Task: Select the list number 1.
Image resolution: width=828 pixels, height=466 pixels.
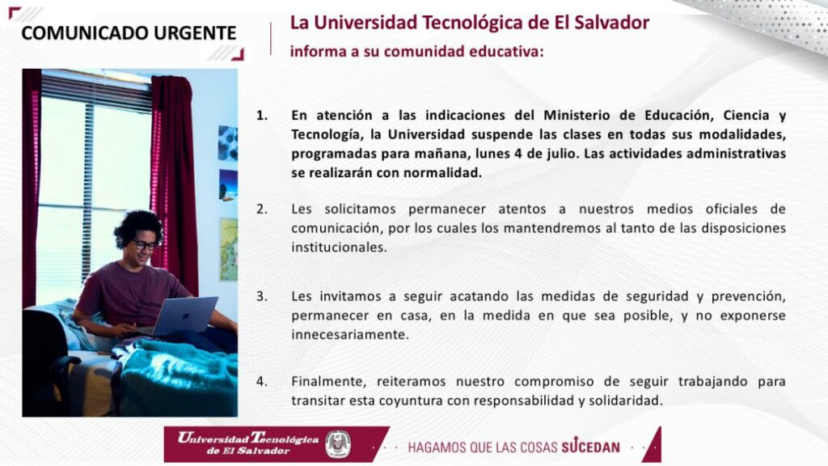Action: click(262, 115)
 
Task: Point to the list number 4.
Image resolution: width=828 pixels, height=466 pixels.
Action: click(262, 381)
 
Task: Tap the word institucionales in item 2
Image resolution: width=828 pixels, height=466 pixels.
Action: click(339, 248)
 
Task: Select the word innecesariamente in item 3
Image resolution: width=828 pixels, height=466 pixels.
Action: click(350, 334)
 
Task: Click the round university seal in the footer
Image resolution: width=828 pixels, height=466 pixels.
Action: click(338, 444)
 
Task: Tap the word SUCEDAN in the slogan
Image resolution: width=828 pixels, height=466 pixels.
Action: click(590, 447)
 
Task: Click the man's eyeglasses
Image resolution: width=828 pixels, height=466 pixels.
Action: click(144, 245)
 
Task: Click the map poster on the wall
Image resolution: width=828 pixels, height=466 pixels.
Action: click(229, 249)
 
